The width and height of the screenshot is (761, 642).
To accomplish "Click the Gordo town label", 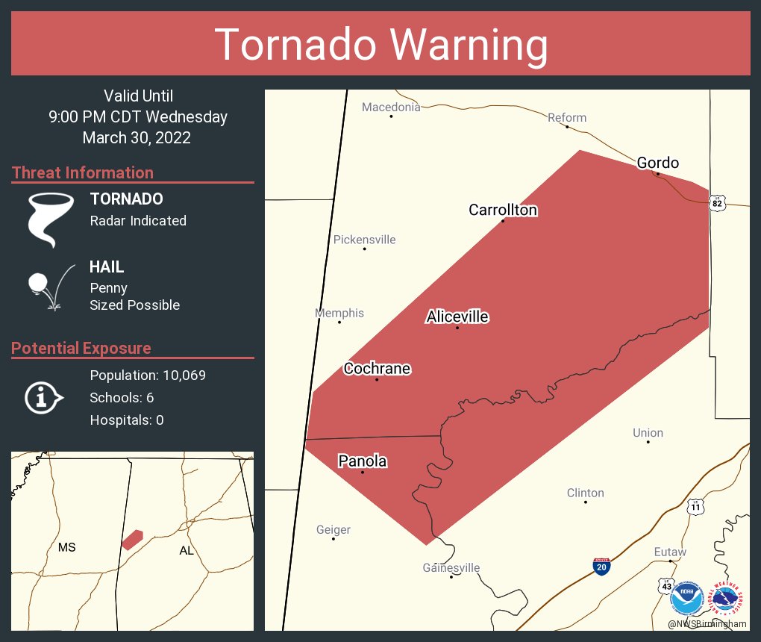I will tap(657, 163).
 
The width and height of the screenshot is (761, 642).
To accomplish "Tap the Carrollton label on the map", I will tap(502, 210).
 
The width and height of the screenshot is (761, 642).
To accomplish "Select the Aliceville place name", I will tap(457, 317).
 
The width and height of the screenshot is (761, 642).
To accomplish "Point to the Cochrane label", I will tap(377, 369).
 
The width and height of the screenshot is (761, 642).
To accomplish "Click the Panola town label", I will tap(363, 461).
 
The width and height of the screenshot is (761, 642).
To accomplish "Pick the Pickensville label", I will tap(364, 240).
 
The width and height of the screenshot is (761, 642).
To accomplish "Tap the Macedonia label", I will tap(391, 107).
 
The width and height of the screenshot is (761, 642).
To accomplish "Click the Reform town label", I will tap(567, 117).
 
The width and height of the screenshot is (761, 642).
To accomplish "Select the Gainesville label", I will tap(451, 568).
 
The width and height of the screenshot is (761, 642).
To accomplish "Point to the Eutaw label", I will tap(670, 552).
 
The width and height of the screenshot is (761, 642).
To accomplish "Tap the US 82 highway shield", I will tap(717, 203).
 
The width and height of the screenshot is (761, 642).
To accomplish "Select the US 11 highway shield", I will tap(695, 506).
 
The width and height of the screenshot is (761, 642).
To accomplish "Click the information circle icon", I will tap(43, 397).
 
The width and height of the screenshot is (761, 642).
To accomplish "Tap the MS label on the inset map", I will tap(67, 548).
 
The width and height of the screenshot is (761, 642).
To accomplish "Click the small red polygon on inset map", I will tap(132, 539).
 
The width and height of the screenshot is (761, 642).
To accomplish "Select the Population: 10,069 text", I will tap(148, 375).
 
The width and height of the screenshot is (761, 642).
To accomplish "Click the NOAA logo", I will tap(688, 598).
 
